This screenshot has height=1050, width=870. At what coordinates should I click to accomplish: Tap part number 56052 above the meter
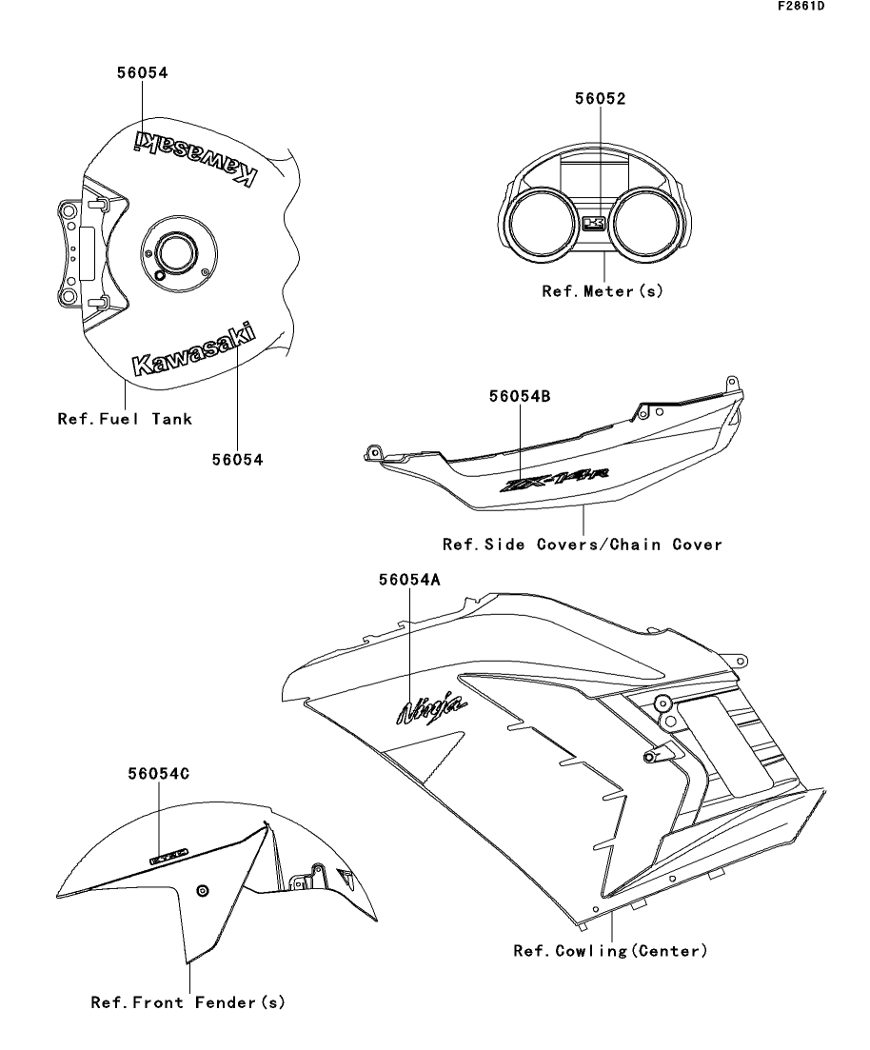coord(601,98)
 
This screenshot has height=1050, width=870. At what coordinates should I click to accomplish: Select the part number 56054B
coord(520,400)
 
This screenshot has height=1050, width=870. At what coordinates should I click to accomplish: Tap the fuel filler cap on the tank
coord(174,253)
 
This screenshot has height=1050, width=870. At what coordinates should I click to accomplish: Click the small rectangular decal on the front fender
coord(169,857)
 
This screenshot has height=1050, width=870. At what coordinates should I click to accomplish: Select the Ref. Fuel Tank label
coord(125,418)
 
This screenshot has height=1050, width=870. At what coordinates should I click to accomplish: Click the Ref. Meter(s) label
coord(602,291)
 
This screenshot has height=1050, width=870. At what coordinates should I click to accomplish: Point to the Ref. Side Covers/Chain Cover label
coord(583,545)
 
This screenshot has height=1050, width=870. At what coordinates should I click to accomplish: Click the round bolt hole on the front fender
coord(201,890)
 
